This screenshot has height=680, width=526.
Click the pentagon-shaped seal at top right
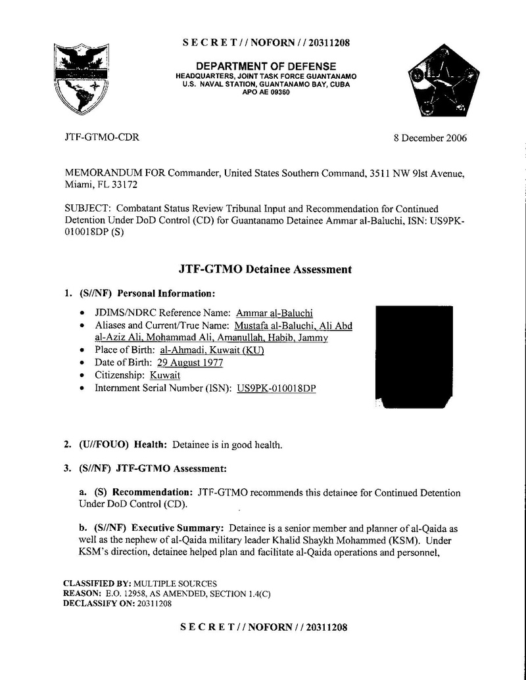pos(442,82)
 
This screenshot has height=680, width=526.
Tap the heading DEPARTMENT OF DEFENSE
pos(266,66)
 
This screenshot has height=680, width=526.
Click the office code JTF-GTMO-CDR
pos(102,137)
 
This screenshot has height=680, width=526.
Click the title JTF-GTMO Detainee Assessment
pos(265,269)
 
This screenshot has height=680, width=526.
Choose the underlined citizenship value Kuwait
pos(165,375)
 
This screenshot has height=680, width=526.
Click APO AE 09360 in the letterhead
pos(266,93)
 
